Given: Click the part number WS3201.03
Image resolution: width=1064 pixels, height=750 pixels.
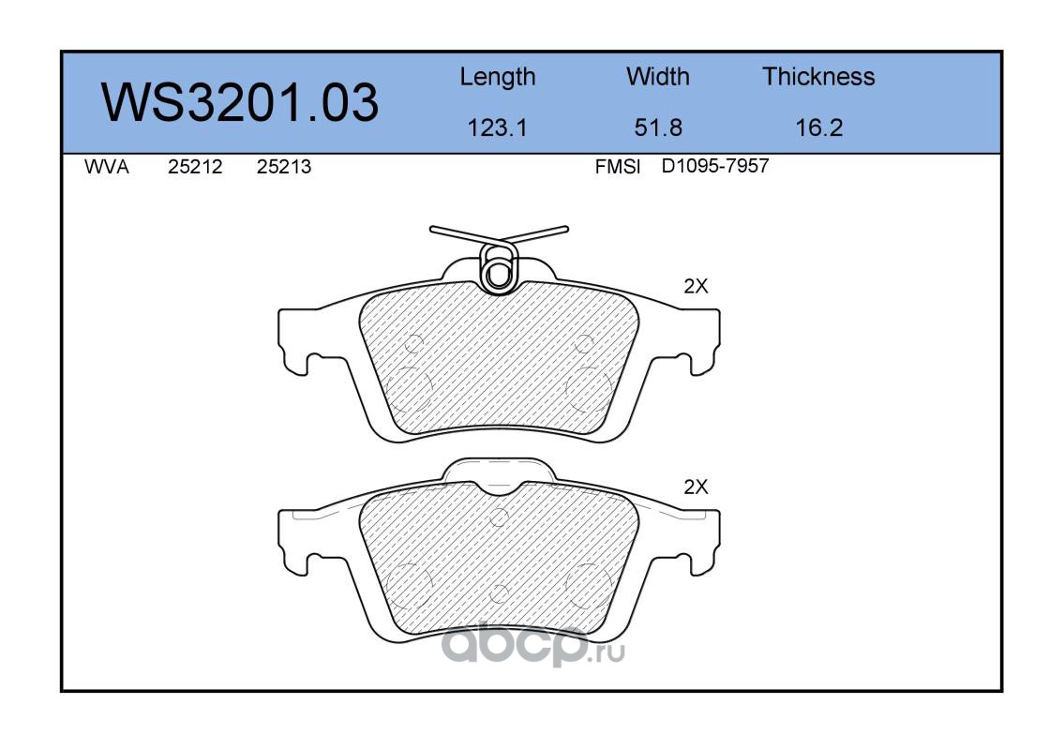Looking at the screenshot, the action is (x=240, y=102).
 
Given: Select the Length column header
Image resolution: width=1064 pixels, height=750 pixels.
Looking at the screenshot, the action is (x=498, y=78).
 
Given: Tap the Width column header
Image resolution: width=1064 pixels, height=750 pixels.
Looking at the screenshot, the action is (x=657, y=76).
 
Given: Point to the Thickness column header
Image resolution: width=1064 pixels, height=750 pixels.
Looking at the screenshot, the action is (x=818, y=76).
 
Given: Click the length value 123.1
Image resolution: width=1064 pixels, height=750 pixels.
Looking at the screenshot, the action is (x=498, y=127).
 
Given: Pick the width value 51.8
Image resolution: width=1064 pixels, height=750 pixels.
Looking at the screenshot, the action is (x=658, y=127).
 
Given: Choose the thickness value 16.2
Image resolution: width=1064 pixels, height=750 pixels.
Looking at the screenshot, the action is (x=819, y=127).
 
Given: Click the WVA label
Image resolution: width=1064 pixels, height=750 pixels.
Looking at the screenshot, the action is (x=107, y=167).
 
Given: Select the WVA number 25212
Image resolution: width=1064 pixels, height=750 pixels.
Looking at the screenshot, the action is (x=195, y=167).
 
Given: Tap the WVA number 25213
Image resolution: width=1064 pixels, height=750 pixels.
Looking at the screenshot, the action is (x=284, y=167).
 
